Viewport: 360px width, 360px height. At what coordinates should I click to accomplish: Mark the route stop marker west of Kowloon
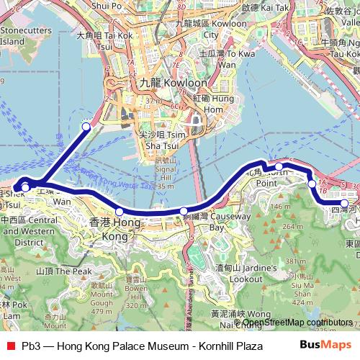(x=86, y=126)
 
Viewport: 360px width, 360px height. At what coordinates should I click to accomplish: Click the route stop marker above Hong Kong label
(x=119, y=211)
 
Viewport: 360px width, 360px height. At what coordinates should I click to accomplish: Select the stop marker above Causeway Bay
(x=184, y=211)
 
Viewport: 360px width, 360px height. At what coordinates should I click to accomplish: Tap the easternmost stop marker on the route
(x=345, y=203)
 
